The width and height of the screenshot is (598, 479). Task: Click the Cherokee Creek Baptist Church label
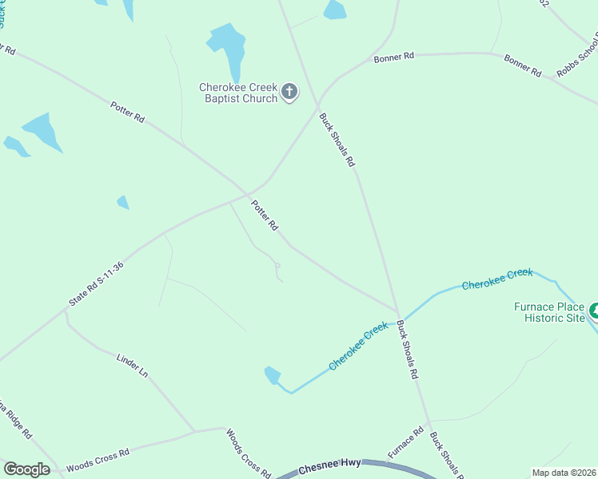[238, 93]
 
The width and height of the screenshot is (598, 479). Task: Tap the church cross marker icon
[289, 93]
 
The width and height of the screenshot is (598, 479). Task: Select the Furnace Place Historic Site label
[550, 312]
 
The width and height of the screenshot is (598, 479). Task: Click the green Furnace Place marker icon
[593, 310]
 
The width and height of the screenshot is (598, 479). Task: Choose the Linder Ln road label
[133, 366]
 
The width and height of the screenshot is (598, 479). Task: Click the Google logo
[26, 469]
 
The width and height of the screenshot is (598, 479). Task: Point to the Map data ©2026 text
[563, 473]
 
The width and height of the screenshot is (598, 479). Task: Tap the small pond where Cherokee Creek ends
[273, 374]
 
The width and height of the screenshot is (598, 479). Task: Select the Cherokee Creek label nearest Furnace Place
[496, 279]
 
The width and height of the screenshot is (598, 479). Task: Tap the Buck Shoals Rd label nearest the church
[337, 139]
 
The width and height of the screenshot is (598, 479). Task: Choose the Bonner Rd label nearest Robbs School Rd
[522, 65]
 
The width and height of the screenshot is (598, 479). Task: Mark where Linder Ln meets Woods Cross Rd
[195, 432]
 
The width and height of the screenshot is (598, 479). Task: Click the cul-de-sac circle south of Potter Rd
[277, 265]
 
